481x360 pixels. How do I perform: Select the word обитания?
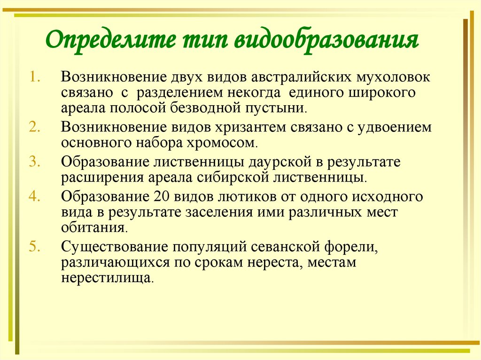(93, 228)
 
